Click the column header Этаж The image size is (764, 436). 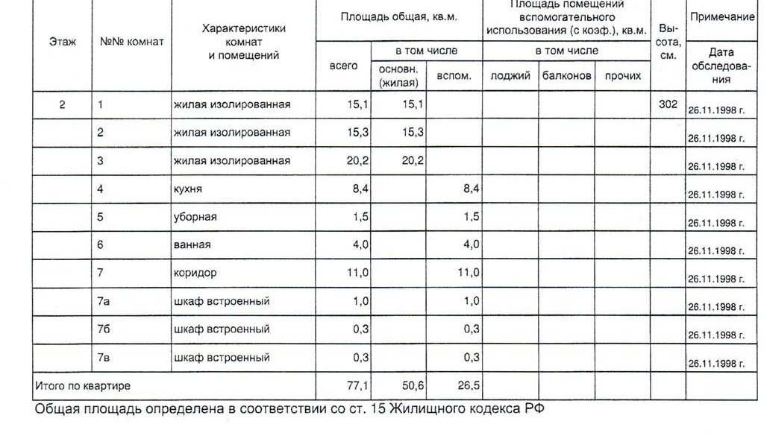point(63,42)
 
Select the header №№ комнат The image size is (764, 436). point(131,42)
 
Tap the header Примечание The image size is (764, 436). point(722,16)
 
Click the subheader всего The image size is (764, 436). point(343,66)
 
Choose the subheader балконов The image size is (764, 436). point(567,76)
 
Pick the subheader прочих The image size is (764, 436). point(623,76)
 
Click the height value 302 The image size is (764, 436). point(668,104)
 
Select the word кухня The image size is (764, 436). point(187,190)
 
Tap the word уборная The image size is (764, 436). point(195,217)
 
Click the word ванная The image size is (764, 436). point(192,244)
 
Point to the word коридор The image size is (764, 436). point(195,273)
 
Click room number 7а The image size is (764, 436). point(104,301)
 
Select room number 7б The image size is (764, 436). point(104,329)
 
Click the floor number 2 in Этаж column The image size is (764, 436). point(63,104)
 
